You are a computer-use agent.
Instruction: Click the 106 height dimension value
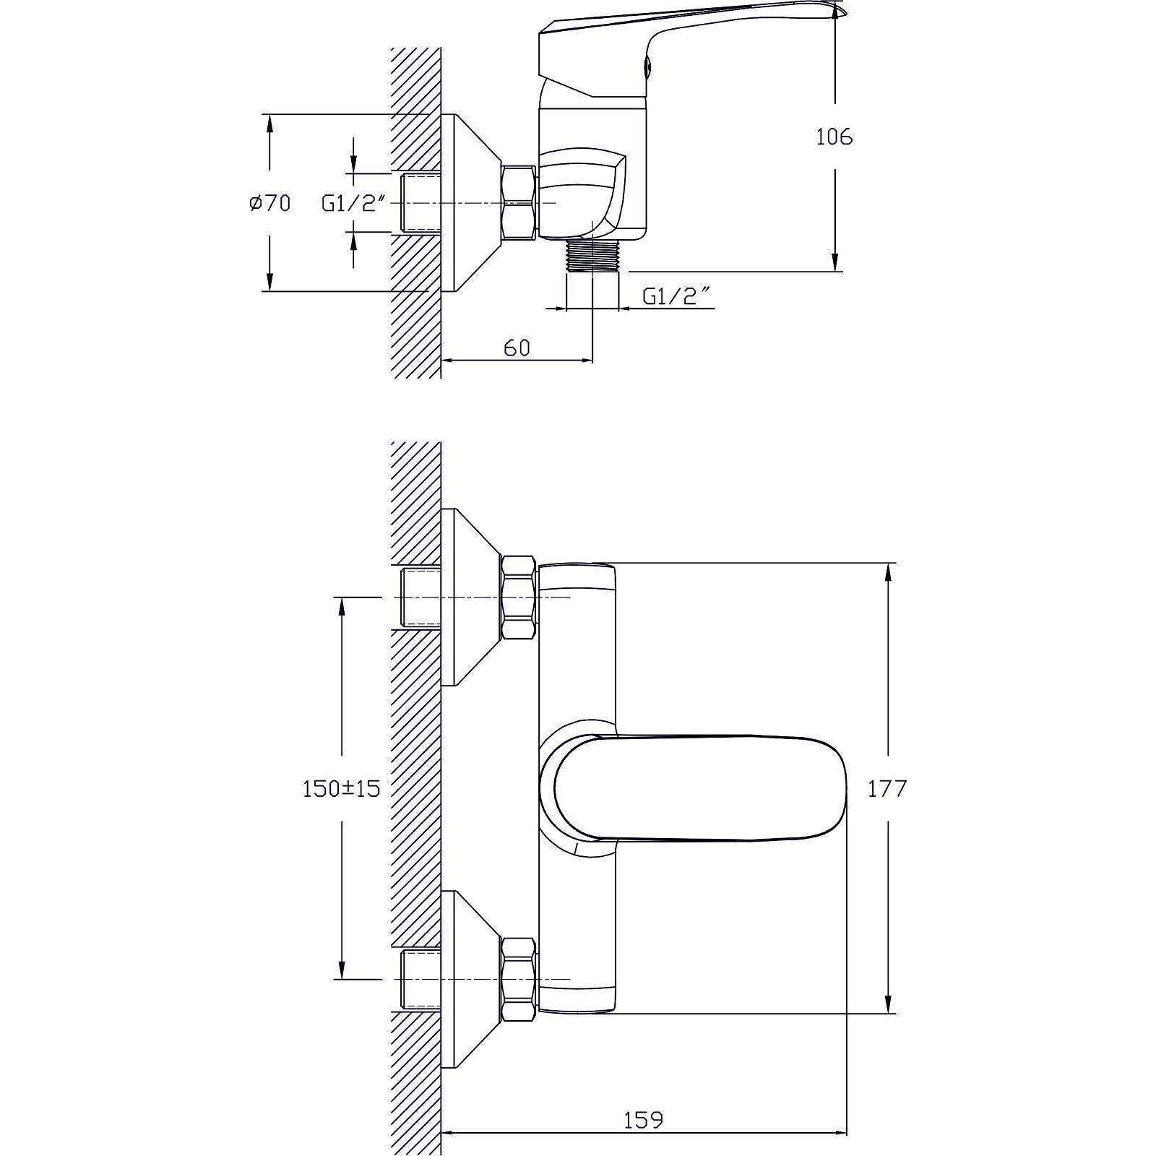click(834, 137)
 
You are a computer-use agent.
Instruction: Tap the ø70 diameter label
click(269, 204)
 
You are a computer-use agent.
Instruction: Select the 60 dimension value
click(517, 348)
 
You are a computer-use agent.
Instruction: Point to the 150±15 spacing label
click(341, 788)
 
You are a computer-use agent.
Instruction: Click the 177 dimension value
click(887, 788)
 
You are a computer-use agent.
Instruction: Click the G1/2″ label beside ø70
click(350, 204)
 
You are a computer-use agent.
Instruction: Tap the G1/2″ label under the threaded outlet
click(671, 296)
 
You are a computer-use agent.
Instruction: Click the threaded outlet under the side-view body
click(592, 255)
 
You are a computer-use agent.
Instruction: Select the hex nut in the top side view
click(519, 202)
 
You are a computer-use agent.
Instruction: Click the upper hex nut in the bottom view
click(519, 598)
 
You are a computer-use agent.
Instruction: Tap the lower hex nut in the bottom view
click(519, 979)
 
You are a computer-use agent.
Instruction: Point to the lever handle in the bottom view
click(694, 788)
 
